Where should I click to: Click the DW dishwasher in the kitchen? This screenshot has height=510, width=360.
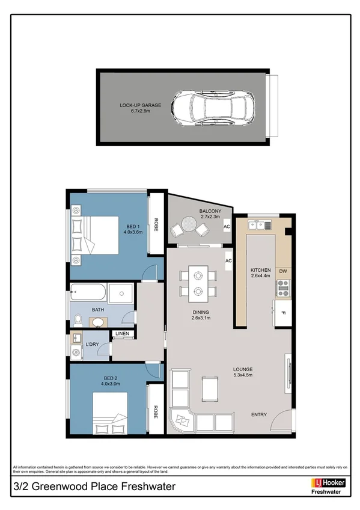tap(282, 272)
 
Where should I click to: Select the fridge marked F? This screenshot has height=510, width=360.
tap(282, 313)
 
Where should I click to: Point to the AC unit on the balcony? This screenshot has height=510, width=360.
tap(227, 227)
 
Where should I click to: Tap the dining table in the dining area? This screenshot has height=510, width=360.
tap(197, 283)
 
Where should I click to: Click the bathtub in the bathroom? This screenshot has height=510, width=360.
tap(88, 293)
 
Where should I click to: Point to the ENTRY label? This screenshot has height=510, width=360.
tap(260, 415)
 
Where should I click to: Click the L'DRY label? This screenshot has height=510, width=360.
tap(92, 344)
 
